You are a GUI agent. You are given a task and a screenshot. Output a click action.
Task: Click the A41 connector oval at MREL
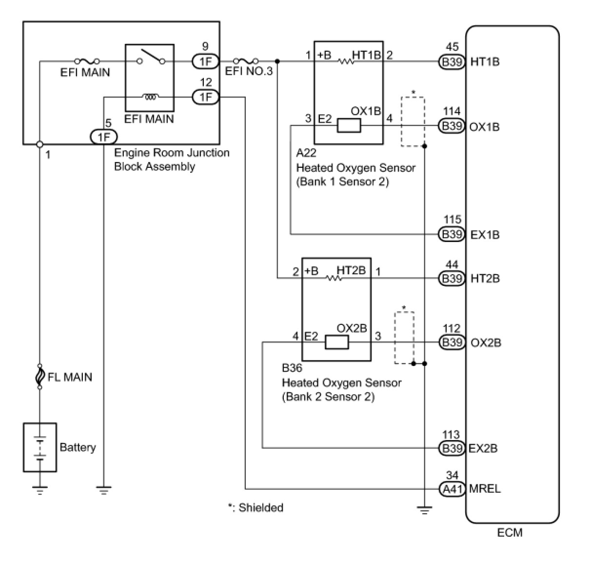pos(452,489)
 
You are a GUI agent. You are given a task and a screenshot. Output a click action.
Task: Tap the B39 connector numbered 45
pos(452,62)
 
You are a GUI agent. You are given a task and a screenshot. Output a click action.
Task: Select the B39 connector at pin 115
pos(452,234)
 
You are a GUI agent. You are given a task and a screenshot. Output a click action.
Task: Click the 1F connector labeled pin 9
pos(206,61)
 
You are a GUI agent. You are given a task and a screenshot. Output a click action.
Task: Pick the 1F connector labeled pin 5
pos(104,137)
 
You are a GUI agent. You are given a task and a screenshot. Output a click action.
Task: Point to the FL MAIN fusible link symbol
pos(39,376)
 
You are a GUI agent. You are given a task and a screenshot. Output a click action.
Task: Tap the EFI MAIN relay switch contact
pos(151,57)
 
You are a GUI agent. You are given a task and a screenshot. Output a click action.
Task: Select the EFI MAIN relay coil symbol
pos(151,97)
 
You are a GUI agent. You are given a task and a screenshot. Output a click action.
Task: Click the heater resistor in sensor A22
pos(346,61)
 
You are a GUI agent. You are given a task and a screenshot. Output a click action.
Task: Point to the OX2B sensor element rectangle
pos(336,342)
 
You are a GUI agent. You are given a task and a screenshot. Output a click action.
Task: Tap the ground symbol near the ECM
pos(425,510)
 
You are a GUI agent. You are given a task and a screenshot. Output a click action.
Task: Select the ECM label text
pos(510,533)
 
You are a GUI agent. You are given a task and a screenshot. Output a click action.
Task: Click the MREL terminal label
pos(485,489)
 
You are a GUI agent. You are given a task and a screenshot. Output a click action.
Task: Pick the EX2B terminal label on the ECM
pos(483,448)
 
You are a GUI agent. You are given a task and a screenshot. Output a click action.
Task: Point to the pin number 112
pos(452,328)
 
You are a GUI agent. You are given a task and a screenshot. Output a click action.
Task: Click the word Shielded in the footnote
pos(261,507)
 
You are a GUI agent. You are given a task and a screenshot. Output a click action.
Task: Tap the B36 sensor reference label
pos(292,368)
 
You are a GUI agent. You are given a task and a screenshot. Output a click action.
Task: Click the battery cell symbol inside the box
pos(39,448)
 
